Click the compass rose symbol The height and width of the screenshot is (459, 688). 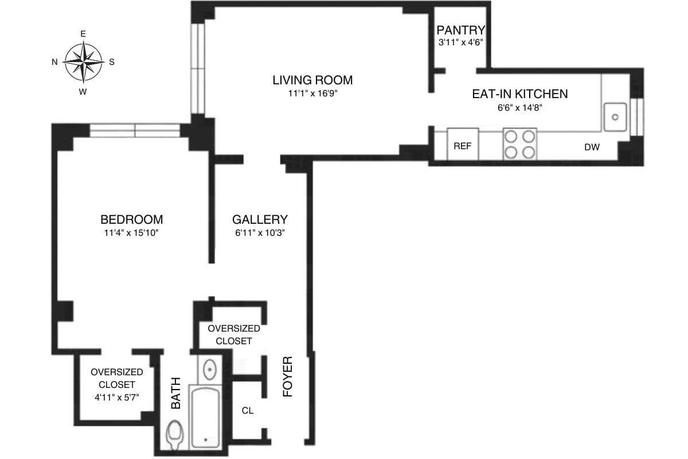click(83, 62)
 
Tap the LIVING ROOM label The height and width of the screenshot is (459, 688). click(312, 80)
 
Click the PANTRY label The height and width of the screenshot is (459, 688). click(461, 30)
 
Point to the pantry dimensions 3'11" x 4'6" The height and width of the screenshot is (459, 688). click(461, 42)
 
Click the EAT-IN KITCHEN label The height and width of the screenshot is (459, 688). click(519, 94)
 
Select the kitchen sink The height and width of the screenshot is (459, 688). click(615, 117)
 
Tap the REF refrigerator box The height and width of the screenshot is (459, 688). click(463, 146)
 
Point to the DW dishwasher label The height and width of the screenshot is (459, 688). click(592, 147)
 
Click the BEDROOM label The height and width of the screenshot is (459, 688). click(131, 219)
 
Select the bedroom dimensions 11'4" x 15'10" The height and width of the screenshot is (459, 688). click(131, 233)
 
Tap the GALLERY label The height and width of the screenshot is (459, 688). click(260, 219)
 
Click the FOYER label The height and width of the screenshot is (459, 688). click(288, 377)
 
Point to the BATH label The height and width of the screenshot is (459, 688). click(176, 392)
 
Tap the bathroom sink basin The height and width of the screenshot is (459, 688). click(210, 368)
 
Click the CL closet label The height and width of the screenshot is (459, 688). click(248, 411)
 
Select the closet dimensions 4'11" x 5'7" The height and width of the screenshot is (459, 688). click(116, 396)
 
